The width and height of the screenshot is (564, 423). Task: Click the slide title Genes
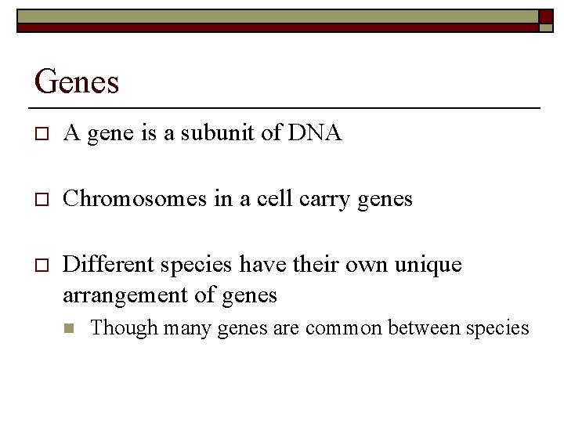tap(77, 81)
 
